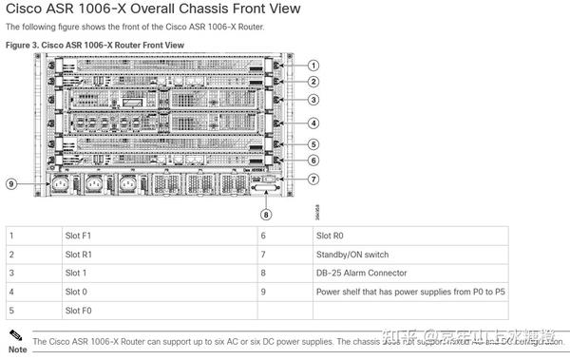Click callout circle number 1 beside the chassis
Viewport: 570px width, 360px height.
[313, 64]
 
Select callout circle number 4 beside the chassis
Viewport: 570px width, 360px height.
[313, 123]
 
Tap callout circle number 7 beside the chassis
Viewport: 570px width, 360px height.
[313, 178]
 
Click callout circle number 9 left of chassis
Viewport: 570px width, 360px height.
[12, 183]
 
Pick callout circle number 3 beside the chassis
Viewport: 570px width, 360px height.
[313, 100]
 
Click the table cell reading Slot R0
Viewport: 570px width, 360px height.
[328, 233]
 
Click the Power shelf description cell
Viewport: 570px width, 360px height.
[409, 292]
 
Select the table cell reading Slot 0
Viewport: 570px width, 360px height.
[76, 292]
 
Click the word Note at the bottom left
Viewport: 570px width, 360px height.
[16, 349]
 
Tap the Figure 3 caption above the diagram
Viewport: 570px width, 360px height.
[95, 45]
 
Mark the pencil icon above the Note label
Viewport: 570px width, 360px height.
[12, 335]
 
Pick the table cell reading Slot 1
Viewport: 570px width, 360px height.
[76, 273]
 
